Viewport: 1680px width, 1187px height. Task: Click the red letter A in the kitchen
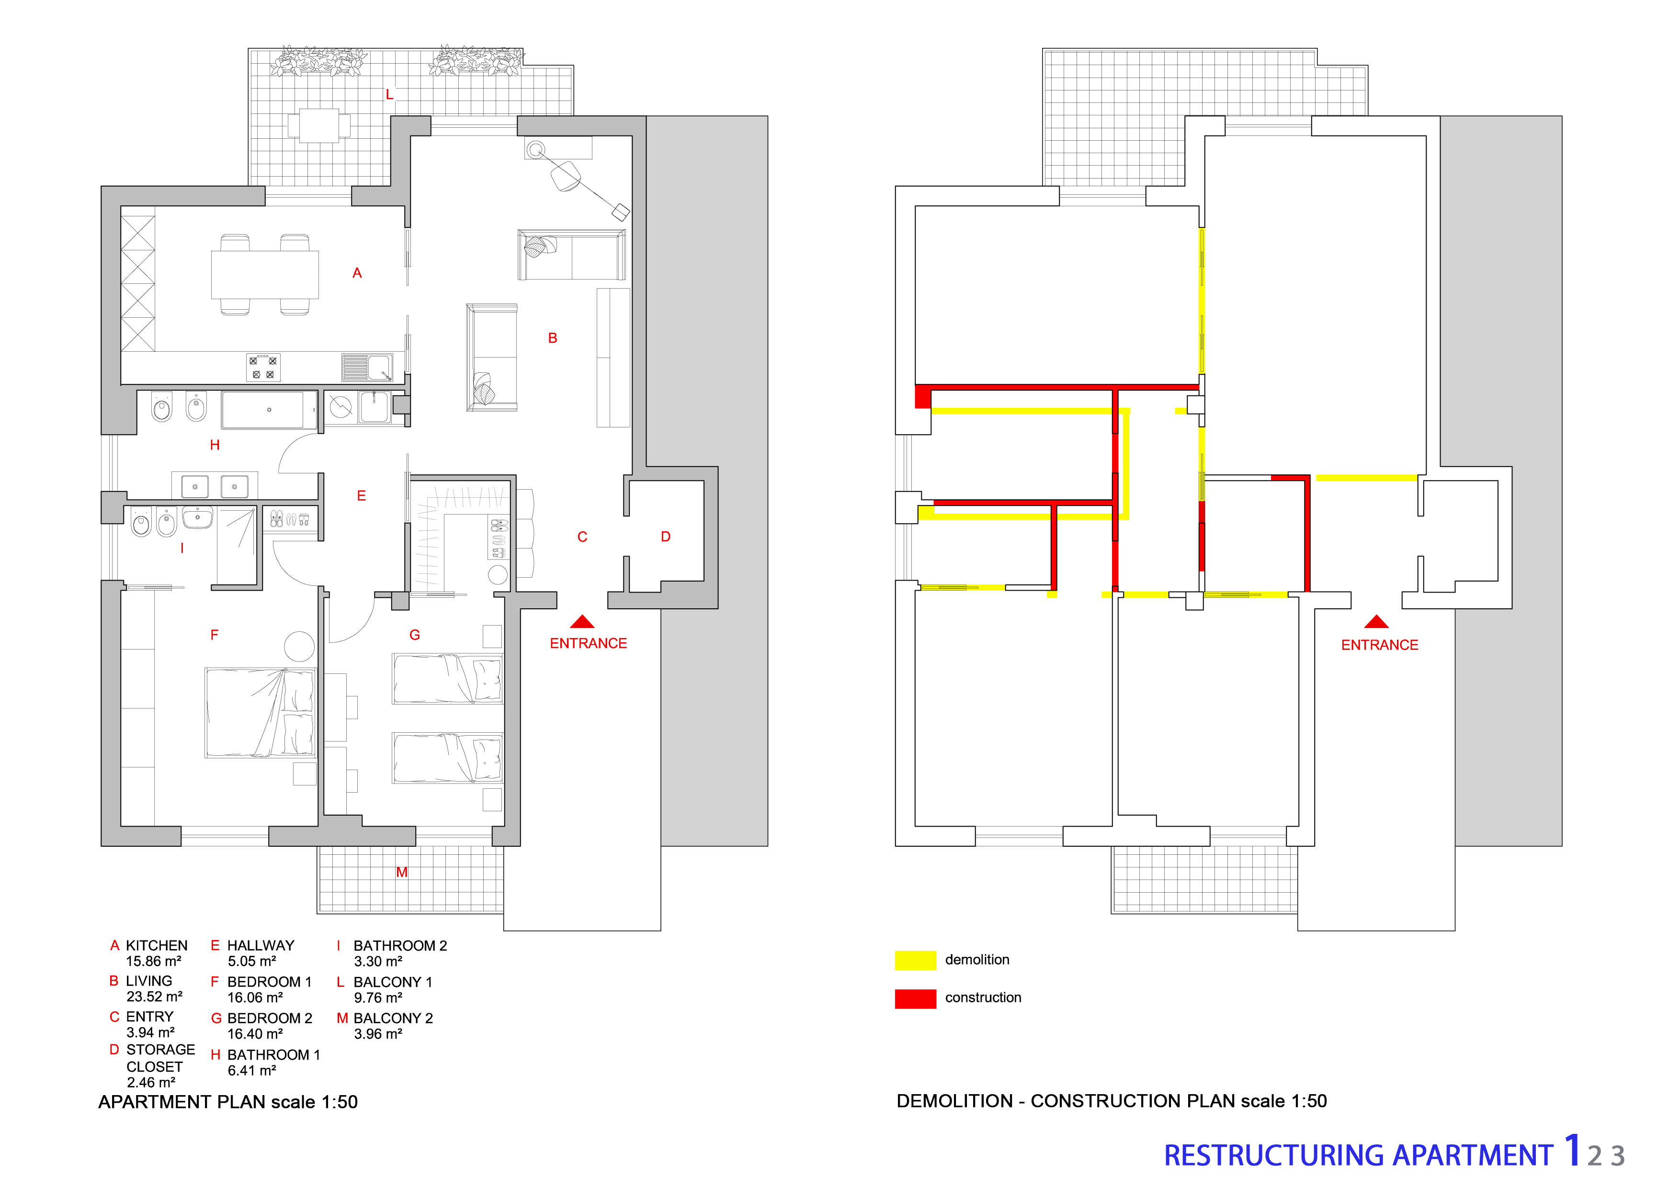(357, 273)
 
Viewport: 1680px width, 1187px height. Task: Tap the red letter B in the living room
(553, 338)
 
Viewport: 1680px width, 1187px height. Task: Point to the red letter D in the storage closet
(665, 537)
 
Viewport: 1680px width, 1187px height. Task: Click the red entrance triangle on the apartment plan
(582, 622)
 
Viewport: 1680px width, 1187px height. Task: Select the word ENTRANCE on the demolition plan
(1379, 645)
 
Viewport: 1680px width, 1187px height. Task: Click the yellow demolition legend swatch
(915, 960)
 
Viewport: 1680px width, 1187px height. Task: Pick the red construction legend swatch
(915, 999)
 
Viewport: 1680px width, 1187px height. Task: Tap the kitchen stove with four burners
(263, 367)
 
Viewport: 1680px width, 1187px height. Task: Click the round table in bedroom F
(299, 647)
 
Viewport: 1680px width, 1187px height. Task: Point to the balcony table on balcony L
(319, 126)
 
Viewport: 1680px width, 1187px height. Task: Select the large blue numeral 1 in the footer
(1572, 1151)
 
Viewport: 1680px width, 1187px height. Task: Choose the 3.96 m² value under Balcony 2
(378, 1034)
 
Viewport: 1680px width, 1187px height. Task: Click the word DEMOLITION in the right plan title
(955, 1101)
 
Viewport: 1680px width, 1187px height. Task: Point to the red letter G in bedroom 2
(415, 635)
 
